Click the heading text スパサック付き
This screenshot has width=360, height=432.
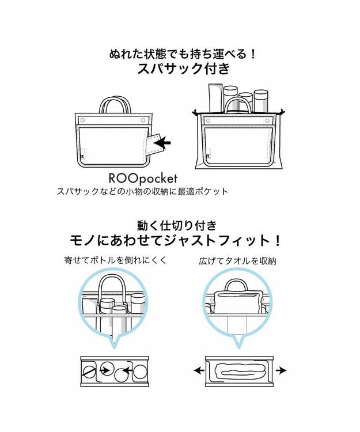coord(183,69)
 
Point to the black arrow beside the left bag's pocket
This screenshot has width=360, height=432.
coord(165,142)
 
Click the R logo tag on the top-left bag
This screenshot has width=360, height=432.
coord(85,155)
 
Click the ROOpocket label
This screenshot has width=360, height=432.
coord(139,178)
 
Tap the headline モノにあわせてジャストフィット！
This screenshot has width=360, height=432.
coord(183,240)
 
